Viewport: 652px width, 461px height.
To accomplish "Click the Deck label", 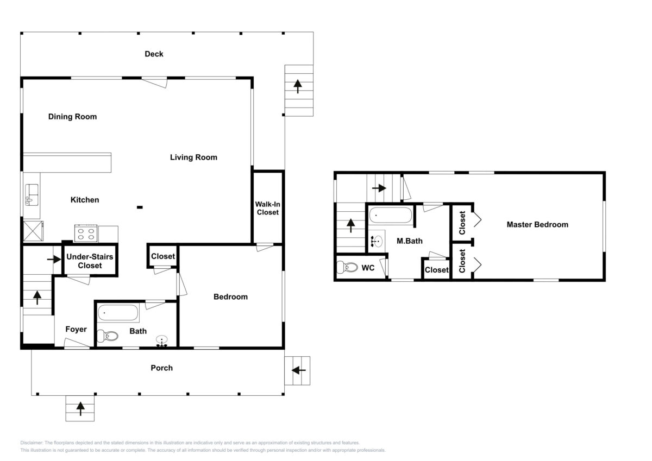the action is click(154, 54).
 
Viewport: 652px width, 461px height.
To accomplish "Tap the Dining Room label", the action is click(72, 117).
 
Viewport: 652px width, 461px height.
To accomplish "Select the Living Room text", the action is click(193, 157).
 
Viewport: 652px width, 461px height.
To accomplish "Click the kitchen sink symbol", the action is click(32, 194).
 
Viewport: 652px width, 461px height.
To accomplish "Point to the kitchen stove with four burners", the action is click(86, 233).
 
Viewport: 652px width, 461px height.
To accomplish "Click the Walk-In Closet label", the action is click(267, 209).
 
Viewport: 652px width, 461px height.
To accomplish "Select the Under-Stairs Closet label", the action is click(90, 261).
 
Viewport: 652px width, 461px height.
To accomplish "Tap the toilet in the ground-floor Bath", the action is click(108, 336).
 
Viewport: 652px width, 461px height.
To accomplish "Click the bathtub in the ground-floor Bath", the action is click(118, 313).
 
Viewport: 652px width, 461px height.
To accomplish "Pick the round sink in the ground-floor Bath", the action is click(161, 340).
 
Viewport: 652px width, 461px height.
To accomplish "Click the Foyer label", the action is click(76, 329).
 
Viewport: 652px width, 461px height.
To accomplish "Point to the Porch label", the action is click(161, 368).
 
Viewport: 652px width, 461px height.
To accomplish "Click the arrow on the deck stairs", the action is click(298, 86).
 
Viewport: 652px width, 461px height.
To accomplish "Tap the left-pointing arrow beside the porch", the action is click(299, 370).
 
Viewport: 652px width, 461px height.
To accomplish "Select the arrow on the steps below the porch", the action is click(80, 409).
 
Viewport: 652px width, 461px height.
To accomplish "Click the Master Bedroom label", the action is click(537, 225).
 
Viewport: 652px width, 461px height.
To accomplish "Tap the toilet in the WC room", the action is click(347, 267).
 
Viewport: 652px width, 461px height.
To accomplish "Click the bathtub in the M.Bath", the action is click(391, 215).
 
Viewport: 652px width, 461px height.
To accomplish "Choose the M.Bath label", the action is click(410, 241).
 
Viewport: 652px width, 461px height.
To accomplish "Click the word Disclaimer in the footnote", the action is click(32, 443).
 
